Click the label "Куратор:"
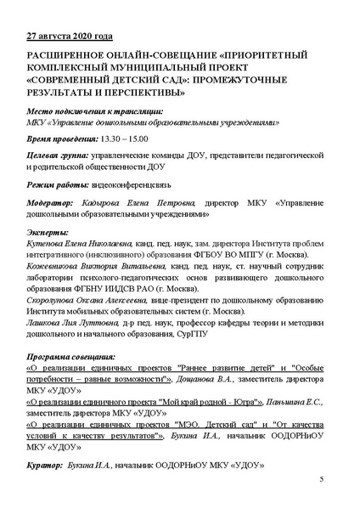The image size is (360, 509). point(46,466)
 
